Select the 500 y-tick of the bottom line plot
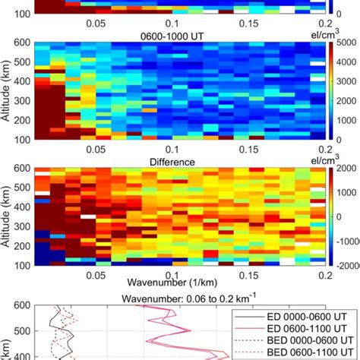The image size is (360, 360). coord(23,331)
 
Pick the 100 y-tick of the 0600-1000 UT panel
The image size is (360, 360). coord(23,139)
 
